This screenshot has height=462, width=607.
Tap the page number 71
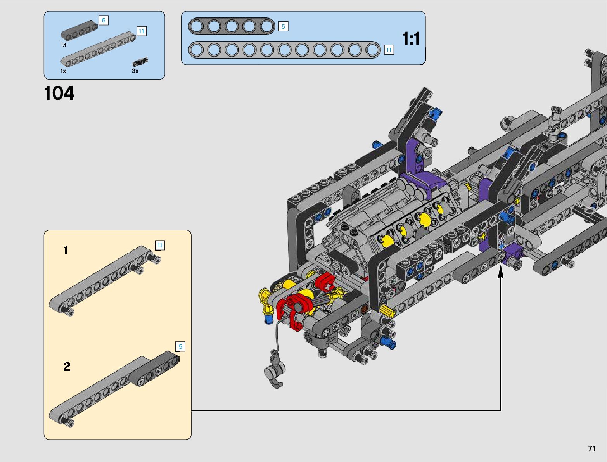(592, 448)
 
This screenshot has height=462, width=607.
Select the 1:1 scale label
(411, 38)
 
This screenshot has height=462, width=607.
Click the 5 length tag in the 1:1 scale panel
(283, 26)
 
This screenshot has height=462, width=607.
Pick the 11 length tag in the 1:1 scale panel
(389, 50)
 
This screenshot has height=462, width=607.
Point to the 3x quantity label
(135, 71)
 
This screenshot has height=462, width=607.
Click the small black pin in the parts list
(140, 62)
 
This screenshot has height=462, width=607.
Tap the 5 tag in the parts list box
(104, 20)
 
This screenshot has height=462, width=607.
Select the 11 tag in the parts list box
(142, 31)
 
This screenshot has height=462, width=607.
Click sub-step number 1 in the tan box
(66, 251)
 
